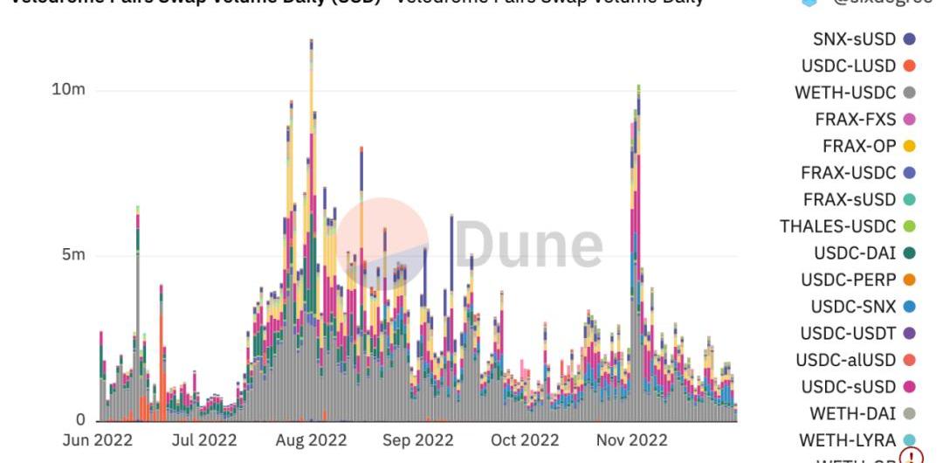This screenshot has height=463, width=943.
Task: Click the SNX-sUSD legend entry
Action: pyautogui.click(x=854, y=39)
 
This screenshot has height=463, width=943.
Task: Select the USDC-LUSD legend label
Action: pyautogui.click(x=849, y=66)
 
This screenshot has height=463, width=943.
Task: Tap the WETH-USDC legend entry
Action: pyautogui.click(x=845, y=93)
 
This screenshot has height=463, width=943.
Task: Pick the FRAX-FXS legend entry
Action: pyautogui.click(x=856, y=119)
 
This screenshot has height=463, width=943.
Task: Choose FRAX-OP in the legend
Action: pyautogui.click(x=859, y=146)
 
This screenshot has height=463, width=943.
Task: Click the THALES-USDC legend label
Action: pyautogui.click(x=837, y=226)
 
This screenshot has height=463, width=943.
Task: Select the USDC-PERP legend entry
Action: pyautogui.click(x=849, y=280)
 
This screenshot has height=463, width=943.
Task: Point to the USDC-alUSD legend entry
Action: pyautogui.click(x=846, y=360)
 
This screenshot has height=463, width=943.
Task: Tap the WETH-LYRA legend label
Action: pyautogui.click(x=848, y=440)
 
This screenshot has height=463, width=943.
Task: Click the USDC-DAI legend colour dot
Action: pyautogui.click(x=909, y=253)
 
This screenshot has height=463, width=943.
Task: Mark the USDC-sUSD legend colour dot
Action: pyautogui.click(x=909, y=387)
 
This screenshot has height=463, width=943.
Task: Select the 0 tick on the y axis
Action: pyautogui.click(x=80, y=420)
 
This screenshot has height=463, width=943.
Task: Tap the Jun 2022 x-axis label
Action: pyautogui.click(x=98, y=440)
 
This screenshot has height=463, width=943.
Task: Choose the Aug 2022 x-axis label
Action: pyautogui.click(x=311, y=440)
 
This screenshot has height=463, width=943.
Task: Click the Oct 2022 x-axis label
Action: pyautogui.click(x=524, y=440)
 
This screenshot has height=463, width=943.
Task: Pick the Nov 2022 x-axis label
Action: pyautogui.click(x=631, y=440)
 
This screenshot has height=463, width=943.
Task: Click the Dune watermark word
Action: pyautogui.click(x=529, y=244)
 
